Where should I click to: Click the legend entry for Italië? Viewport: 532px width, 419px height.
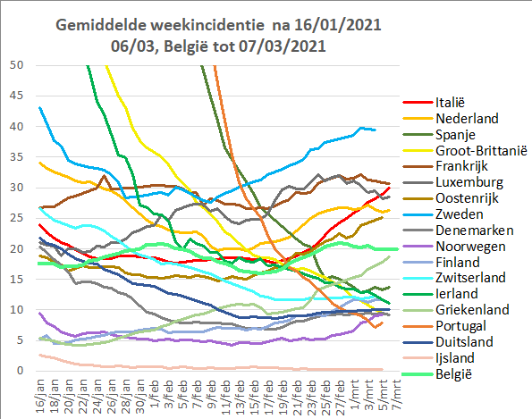(x=450, y=103)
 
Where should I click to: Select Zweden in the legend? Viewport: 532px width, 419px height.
(x=459, y=214)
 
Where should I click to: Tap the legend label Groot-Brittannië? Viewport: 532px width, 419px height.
(x=481, y=150)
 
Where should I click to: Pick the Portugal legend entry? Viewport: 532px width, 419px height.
(x=460, y=326)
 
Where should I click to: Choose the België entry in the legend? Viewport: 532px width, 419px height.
(x=453, y=374)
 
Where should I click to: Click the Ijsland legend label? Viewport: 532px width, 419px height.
(x=455, y=358)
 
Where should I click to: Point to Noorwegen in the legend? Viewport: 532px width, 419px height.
(x=470, y=247)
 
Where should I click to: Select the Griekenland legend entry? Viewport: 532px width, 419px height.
(x=472, y=309)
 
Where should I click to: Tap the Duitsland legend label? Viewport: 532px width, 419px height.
(x=464, y=341)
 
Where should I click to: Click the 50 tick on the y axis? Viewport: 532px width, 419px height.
(x=16, y=65)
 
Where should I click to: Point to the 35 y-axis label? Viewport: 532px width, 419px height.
(x=16, y=157)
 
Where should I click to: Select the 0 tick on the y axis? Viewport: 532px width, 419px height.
(x=20, y=371)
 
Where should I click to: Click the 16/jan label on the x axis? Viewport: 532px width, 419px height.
(x=41, y=397)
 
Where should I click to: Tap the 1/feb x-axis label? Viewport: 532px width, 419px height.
(x=156, y=394)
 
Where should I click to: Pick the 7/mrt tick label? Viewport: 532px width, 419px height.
(x=396, y=394)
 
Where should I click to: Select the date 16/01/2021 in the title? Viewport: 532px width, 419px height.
(x=338, y=25)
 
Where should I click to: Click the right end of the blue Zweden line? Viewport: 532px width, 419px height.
(x=375, y=130)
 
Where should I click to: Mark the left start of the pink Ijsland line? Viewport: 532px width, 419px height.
(x=40, y=355)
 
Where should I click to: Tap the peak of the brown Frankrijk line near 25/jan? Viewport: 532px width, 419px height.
(x=104, y=176)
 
